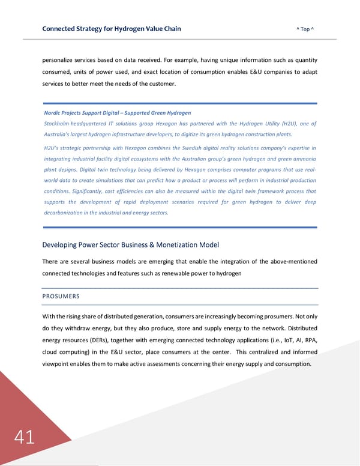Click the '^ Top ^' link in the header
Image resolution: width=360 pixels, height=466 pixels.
coord(306,29)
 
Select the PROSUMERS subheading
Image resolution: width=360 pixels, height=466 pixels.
coord(61,296)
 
